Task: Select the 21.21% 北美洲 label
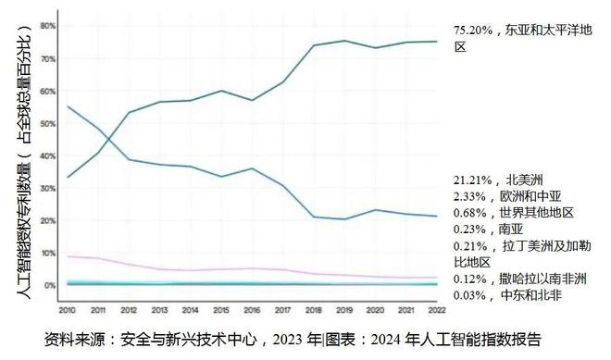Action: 502,180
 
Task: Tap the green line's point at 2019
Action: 344,41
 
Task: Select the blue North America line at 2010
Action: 69,106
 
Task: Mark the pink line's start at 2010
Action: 69,256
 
